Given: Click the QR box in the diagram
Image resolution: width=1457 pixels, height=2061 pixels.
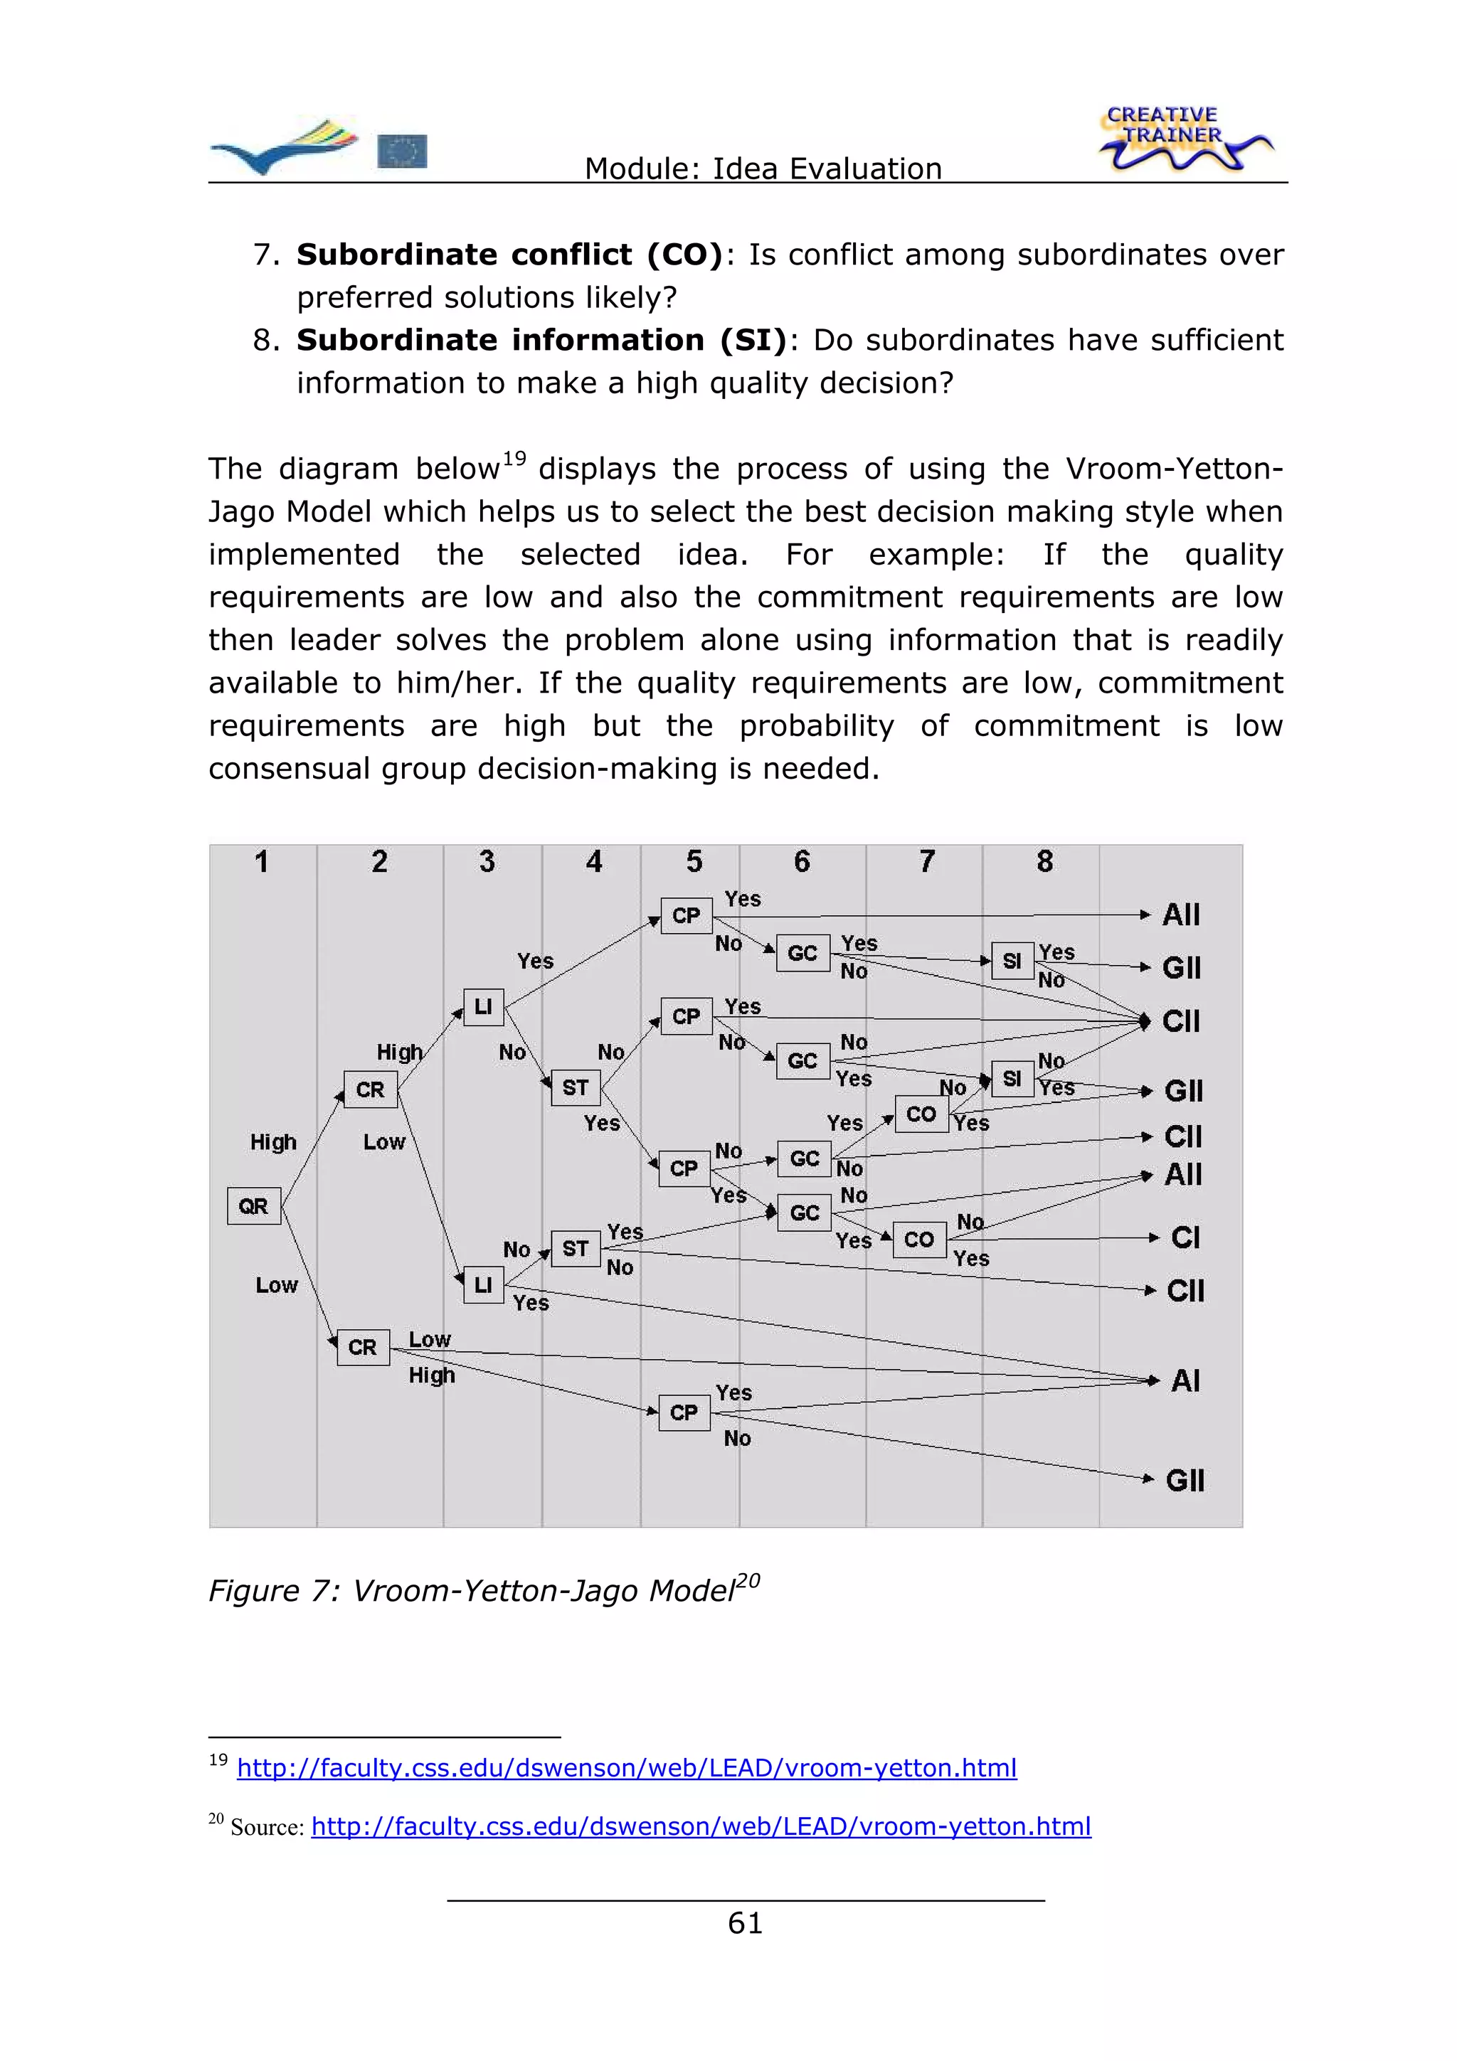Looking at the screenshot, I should pyautogui.click(x=253, y=1205).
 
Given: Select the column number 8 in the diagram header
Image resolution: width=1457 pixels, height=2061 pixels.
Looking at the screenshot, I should pyautogui.click(x=1044, y=862).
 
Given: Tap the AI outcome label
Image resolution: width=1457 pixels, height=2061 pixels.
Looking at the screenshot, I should pyautogui.click(x=1185, y=1380).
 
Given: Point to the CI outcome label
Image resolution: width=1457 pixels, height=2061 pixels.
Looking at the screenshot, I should pyautogui.click(x=1185, y=1238).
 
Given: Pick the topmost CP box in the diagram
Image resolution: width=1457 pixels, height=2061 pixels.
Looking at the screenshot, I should pyautogui.click(x=686, y=915).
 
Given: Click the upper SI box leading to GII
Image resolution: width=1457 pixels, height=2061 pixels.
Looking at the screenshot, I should pyautogui.click(x=1012, y=961).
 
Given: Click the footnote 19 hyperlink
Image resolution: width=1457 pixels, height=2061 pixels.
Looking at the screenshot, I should pyautogui.click(x=627, y=1767).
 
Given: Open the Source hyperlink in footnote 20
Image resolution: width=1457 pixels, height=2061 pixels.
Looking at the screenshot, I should pyautogui.click(x=700, y=1826).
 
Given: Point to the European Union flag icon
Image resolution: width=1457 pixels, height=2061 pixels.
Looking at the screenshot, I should pyautogui.click(x=402, y=151).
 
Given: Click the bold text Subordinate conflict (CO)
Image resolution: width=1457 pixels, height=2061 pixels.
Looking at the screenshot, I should pyautogui.click(x=509, y=254).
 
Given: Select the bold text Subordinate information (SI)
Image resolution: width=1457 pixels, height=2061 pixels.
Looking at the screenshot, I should pyautogui.click(x=541, y=339).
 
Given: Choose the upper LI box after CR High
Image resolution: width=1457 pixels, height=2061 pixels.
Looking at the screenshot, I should pyautogui.click(x=483, y=1007).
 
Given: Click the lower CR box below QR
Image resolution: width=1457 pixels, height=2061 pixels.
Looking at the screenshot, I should pyautogui.click(x=363, y=1346).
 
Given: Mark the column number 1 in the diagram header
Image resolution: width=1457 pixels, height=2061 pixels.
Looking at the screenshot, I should pyautogui.click(x=261, y=862).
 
